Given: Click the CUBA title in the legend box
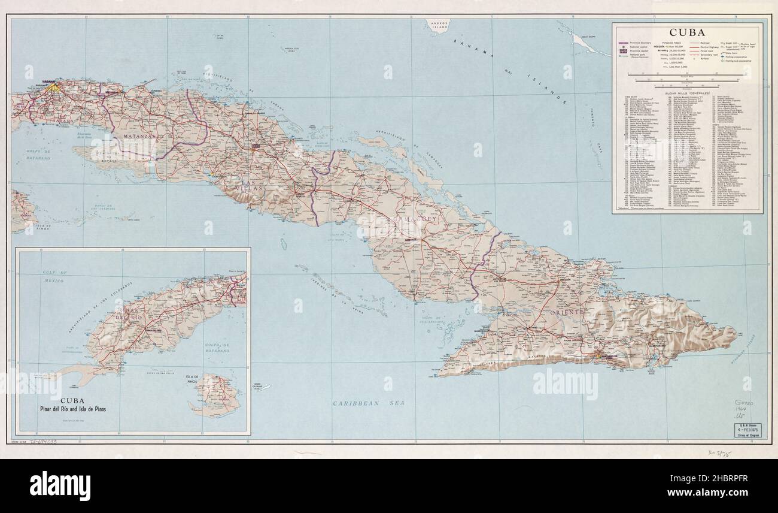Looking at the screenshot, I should [687, 32].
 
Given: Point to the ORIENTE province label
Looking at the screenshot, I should [563, 312].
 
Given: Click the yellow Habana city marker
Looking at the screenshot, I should [54, 87].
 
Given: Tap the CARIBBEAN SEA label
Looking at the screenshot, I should [369, 403].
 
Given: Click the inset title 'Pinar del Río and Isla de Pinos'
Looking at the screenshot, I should [75, 410].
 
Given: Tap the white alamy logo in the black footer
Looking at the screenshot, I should [60, 485].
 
